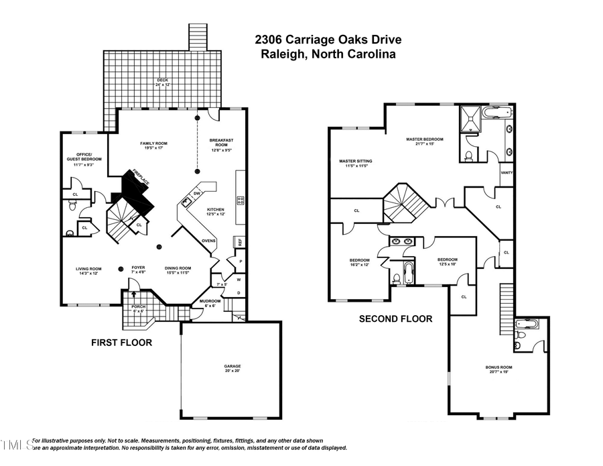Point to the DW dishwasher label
coord(197,193)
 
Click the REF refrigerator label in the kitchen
coord(238,241)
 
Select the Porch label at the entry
coord(138,308)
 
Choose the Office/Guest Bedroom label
coord(84,156)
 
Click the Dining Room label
coord(178,270)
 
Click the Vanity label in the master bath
coord(507,172)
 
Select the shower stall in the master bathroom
coord(472,119)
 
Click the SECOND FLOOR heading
coord(395,319)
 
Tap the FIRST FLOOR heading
coord(121,343)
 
